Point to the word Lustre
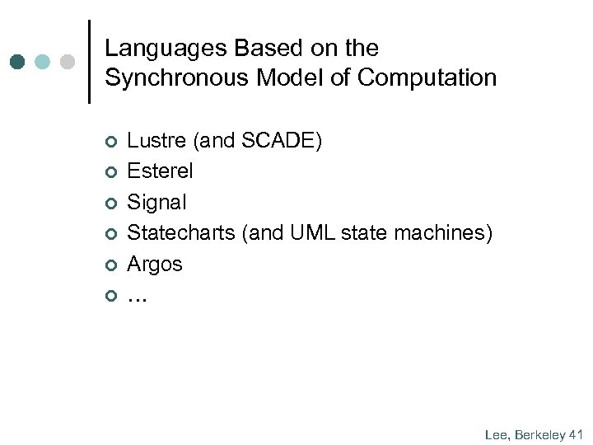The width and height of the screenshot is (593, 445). (x=156, y=141)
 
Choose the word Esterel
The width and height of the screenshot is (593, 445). (x=161, y=171)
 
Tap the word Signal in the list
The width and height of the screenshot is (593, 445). (x=156, y=203)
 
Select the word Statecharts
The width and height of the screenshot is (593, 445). (x=181, y=233)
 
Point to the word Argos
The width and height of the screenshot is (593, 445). (x=155, y=265)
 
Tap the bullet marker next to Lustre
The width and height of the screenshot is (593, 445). (x=112, y=143)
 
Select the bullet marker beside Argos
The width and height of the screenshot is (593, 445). (x=112, y=265)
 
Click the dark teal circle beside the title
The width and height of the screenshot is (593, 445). (x=19, y=62)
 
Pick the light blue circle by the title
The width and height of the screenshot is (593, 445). (x=44, y=62)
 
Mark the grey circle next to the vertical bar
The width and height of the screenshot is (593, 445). (x=68, y=62)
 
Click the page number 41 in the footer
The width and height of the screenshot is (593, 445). (x=576, y=434)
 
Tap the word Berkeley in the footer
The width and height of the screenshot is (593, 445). (x=540, y=434)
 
